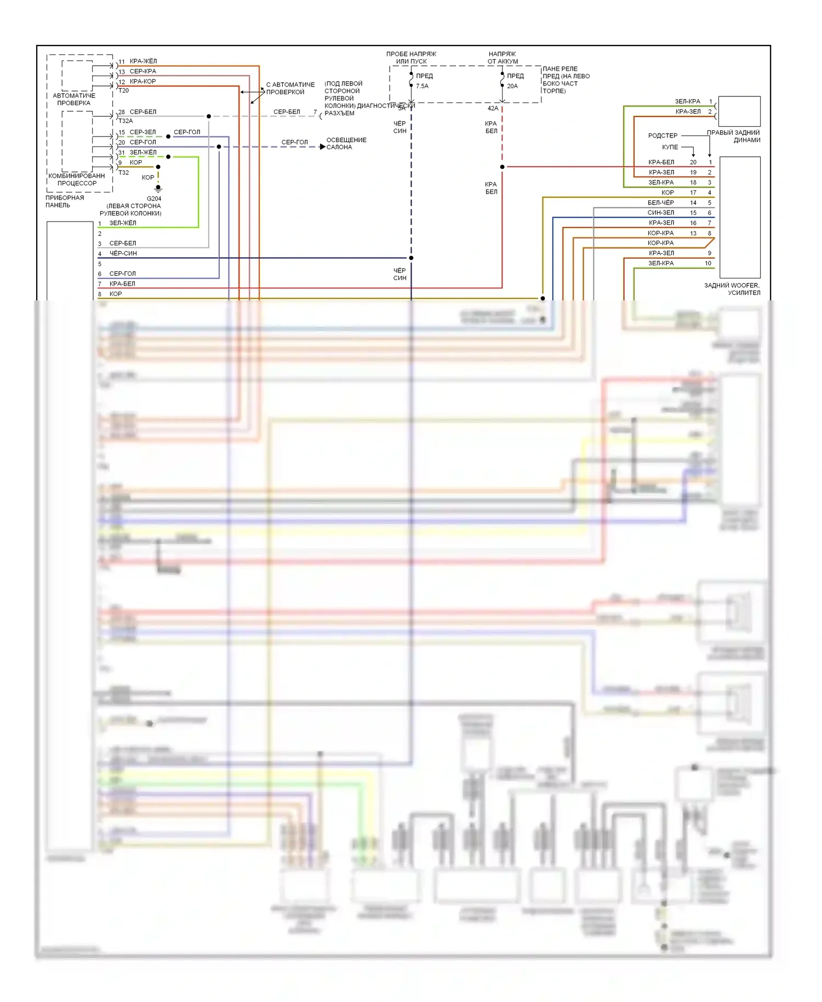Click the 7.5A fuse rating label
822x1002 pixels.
point(422,86)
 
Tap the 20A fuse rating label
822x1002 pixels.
point(512,86)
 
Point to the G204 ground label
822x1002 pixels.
point(154,198)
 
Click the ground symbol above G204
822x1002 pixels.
point(158,189)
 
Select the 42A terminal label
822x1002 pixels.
point(493,108)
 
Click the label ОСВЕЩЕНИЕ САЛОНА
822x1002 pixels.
point(346,144)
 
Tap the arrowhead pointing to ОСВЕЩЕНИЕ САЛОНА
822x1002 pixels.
point(323,147)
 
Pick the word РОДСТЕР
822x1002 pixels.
point(663,135)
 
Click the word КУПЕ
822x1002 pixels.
point(670,147)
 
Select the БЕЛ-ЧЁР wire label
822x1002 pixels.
point(661,203)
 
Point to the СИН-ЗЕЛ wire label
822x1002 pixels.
point(661,213)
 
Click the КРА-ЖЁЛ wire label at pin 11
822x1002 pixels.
point(143,61)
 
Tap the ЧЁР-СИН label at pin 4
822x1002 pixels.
point(123,253)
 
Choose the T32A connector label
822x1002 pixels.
point(125,121)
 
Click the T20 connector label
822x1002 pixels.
point(124,90)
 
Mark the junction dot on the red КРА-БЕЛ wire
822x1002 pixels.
point(502,167)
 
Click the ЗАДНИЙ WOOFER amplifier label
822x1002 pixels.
point(732,289)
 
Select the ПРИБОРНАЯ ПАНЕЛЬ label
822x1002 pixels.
point(65,201)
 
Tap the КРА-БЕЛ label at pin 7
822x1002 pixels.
point(122,284)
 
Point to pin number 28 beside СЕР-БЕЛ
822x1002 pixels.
point(122,112)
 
